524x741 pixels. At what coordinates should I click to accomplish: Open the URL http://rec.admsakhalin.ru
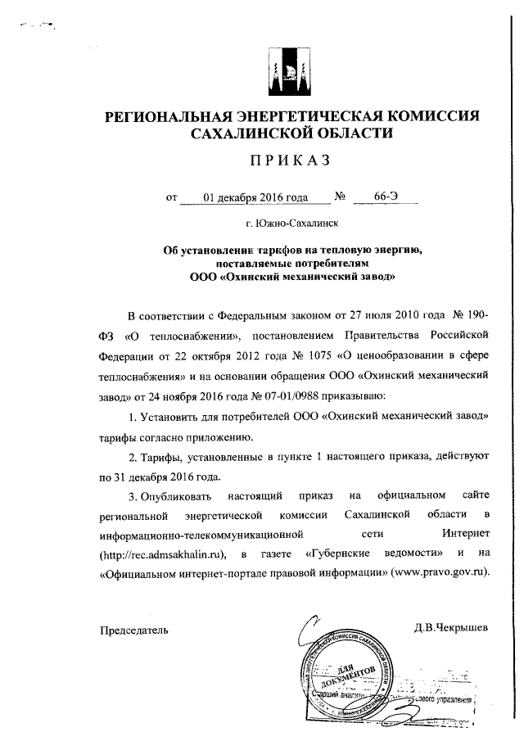[x=156, y=554]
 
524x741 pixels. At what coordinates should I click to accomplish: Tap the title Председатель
[x=134, y=629]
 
